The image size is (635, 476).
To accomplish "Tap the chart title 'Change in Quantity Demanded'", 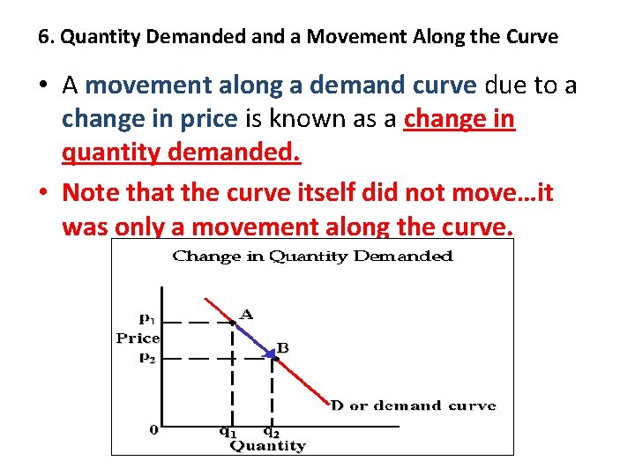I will click(312, 257).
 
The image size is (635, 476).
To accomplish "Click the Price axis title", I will click(138, 338).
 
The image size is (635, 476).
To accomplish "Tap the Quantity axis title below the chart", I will click(267, 446).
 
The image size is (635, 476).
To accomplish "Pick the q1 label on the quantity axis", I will click(228, 431).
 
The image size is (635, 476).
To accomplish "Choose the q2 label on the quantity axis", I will click(271, 431).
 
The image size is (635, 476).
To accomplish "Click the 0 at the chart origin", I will click(153, 430).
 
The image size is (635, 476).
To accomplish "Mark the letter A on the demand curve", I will click(247, 314).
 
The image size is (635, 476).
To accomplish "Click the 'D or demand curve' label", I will click(413, 406).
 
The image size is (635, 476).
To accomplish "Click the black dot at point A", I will click(233, 323).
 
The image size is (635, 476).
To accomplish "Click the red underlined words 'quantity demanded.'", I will click(181, 153).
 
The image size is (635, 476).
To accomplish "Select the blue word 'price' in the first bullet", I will click(206, 118).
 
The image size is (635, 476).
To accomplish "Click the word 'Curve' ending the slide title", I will click(534, 38).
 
